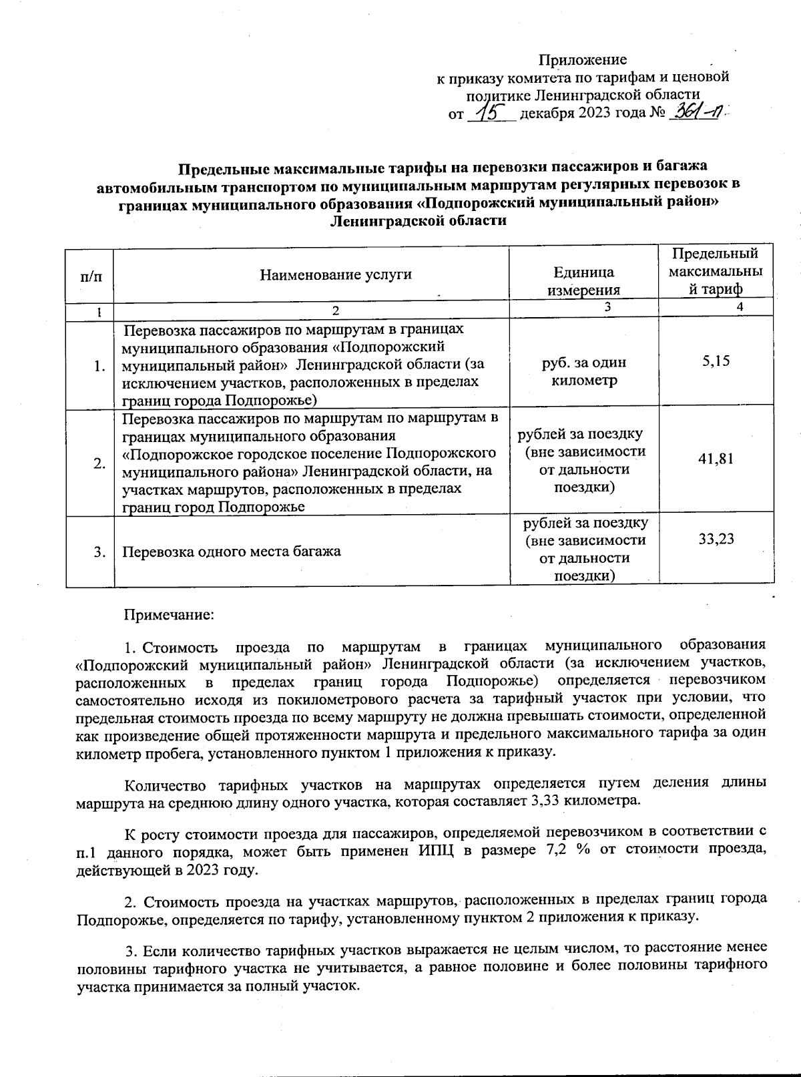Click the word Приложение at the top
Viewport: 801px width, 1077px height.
click(x=583, y=59)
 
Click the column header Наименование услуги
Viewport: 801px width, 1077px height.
click(x=336, y=274)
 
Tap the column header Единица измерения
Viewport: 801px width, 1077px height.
click(x=583, y=281)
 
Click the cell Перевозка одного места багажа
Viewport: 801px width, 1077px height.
click(x=232, y=552)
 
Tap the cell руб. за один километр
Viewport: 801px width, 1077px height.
click(x=583, y=371)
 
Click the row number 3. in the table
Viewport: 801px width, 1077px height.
click(x=99, y=552)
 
